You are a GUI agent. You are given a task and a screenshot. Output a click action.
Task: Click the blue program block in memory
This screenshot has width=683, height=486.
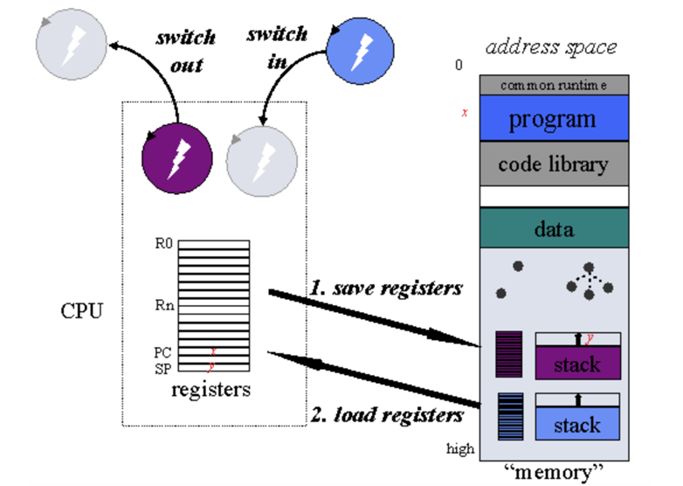(x=553, y=118)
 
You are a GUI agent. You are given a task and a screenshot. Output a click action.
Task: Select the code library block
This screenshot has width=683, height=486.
(x=553, y=163)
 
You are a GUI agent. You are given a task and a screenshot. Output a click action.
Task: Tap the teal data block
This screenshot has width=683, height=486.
(x=553, y=229)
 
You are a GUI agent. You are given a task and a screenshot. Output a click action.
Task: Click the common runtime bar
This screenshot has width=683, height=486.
(x=553, y=85)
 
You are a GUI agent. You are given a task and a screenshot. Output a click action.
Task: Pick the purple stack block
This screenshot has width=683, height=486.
(x=577, y=363)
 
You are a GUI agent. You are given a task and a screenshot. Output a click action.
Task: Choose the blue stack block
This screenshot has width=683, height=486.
(x=577, y=425)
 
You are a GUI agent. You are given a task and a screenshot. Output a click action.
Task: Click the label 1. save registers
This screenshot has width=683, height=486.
(x=385, y=288)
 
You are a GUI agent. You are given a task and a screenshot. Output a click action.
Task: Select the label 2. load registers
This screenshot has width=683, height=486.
(x=386, y=414)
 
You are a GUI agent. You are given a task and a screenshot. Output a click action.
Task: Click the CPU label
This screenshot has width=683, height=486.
(x=82, y=311)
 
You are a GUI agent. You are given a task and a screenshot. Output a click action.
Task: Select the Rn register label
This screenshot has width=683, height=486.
(x=164, y=306)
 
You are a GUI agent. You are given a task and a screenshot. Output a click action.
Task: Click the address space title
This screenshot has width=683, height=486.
(x=550, y=46)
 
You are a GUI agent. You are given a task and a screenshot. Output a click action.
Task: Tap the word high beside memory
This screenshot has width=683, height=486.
(x=461, y=449)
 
